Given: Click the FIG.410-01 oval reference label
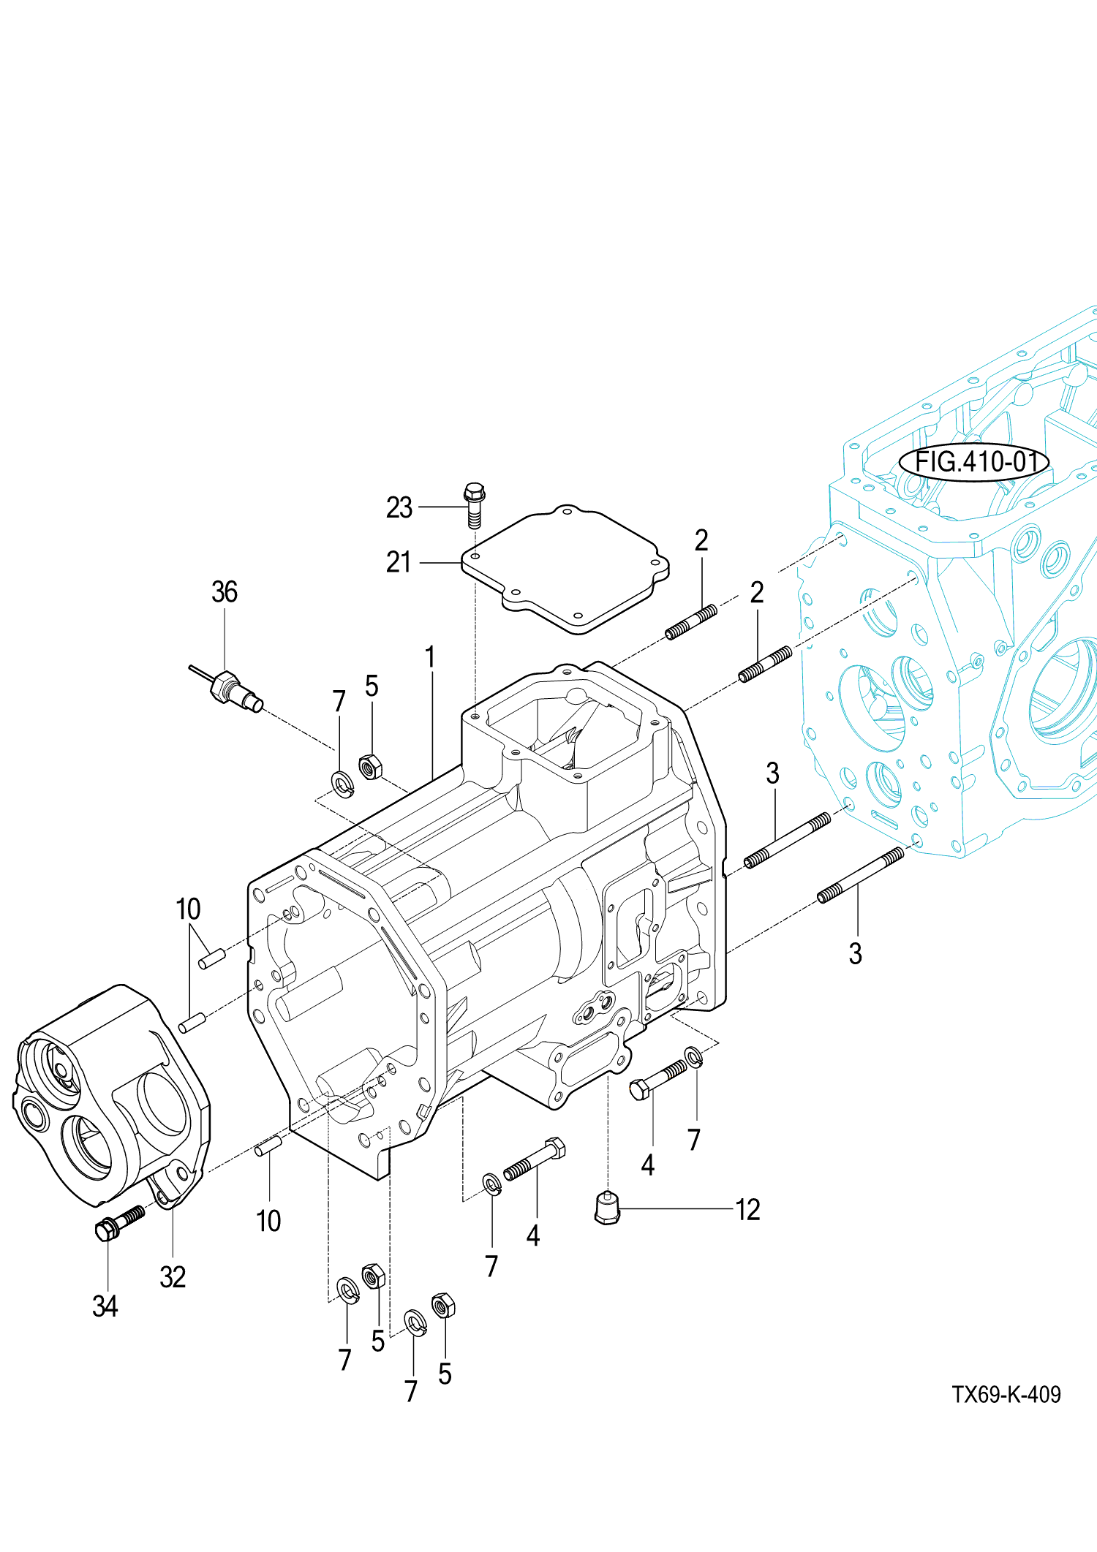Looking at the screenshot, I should point(973,462).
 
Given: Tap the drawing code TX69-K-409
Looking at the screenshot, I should point(1006,1394).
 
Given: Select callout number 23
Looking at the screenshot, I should point(399,507).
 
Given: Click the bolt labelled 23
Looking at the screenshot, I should point(475,504).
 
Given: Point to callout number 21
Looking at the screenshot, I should point(399,562).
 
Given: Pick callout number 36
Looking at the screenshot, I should point(225,592).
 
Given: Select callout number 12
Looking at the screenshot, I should point(747,1210).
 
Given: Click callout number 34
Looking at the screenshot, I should point(105,1306).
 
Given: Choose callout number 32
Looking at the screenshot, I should point(173,1277).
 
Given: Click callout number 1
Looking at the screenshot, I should point(431,657).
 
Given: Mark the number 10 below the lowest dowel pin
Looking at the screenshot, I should point(268,1220).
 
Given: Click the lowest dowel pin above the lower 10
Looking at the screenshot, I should point(268,1145).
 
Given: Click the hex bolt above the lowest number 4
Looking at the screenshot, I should point(535,1158).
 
